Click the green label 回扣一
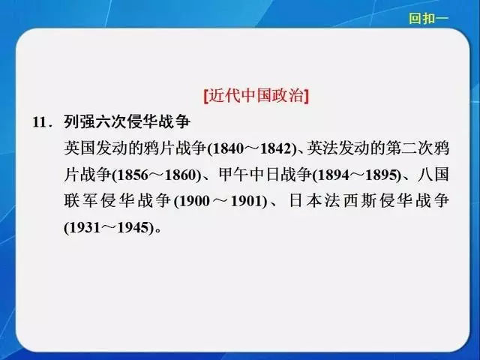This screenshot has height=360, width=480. tap(428, 18)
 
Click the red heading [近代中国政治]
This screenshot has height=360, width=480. tap(256, 96)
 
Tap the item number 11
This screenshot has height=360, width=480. tap(41, 122)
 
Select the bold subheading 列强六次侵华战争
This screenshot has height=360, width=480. tap(127, 121)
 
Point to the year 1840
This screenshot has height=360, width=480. tap(227, 148)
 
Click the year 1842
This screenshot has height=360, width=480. tap(275, 148)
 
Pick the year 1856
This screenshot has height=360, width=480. tap(132, 175)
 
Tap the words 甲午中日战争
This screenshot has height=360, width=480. tap(265, 175)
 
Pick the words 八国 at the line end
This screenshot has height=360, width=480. tap(433, 175)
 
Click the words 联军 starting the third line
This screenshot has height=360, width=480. tap(81, 201)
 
